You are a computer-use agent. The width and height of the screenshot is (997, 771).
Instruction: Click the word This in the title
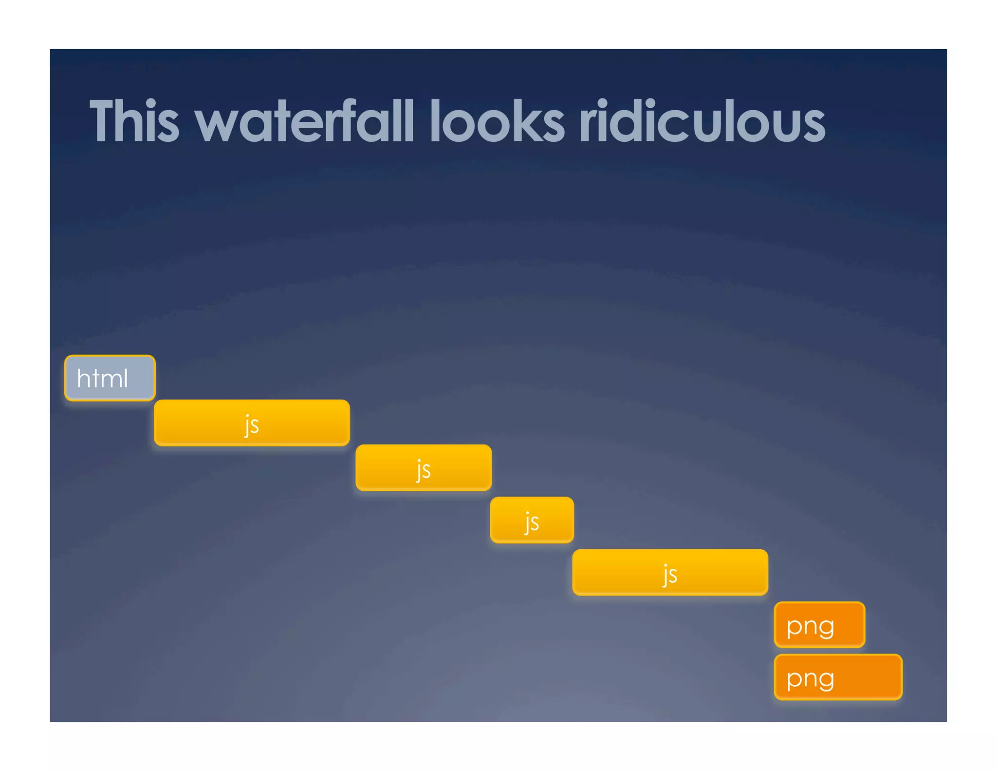(134, 121)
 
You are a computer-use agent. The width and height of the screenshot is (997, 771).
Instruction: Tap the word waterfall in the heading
(304, 121)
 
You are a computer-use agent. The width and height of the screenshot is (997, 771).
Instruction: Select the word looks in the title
(497, 121)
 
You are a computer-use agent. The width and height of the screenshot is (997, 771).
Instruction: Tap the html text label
(102, 378)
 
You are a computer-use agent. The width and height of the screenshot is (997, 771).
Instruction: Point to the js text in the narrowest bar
(532, 522)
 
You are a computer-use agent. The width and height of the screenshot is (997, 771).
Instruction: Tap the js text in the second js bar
(424, 470)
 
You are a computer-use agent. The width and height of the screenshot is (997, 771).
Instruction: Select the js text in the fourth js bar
(670, 575)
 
